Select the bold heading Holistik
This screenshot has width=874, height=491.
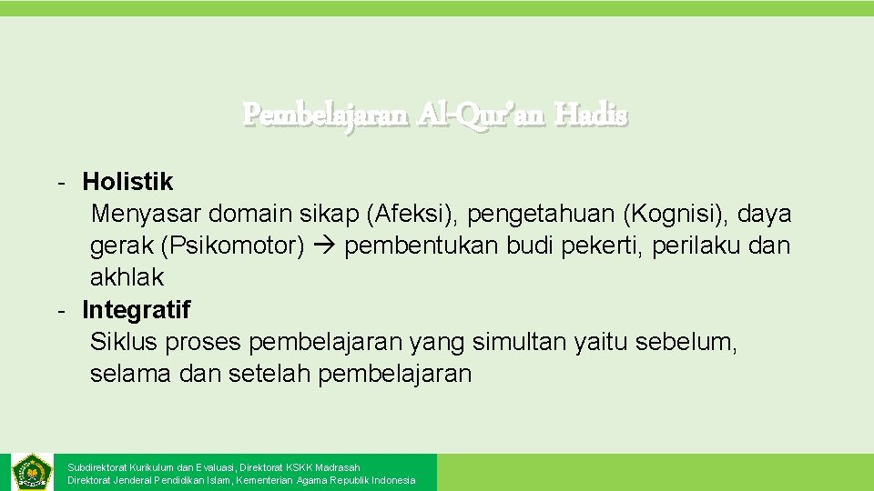127,182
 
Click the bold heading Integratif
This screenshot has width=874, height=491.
137,310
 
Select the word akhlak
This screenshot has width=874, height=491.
127,277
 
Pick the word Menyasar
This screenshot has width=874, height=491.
146,214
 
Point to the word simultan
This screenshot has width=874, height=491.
519,342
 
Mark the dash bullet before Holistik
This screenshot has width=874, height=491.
59,182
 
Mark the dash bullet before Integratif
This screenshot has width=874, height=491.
59,310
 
